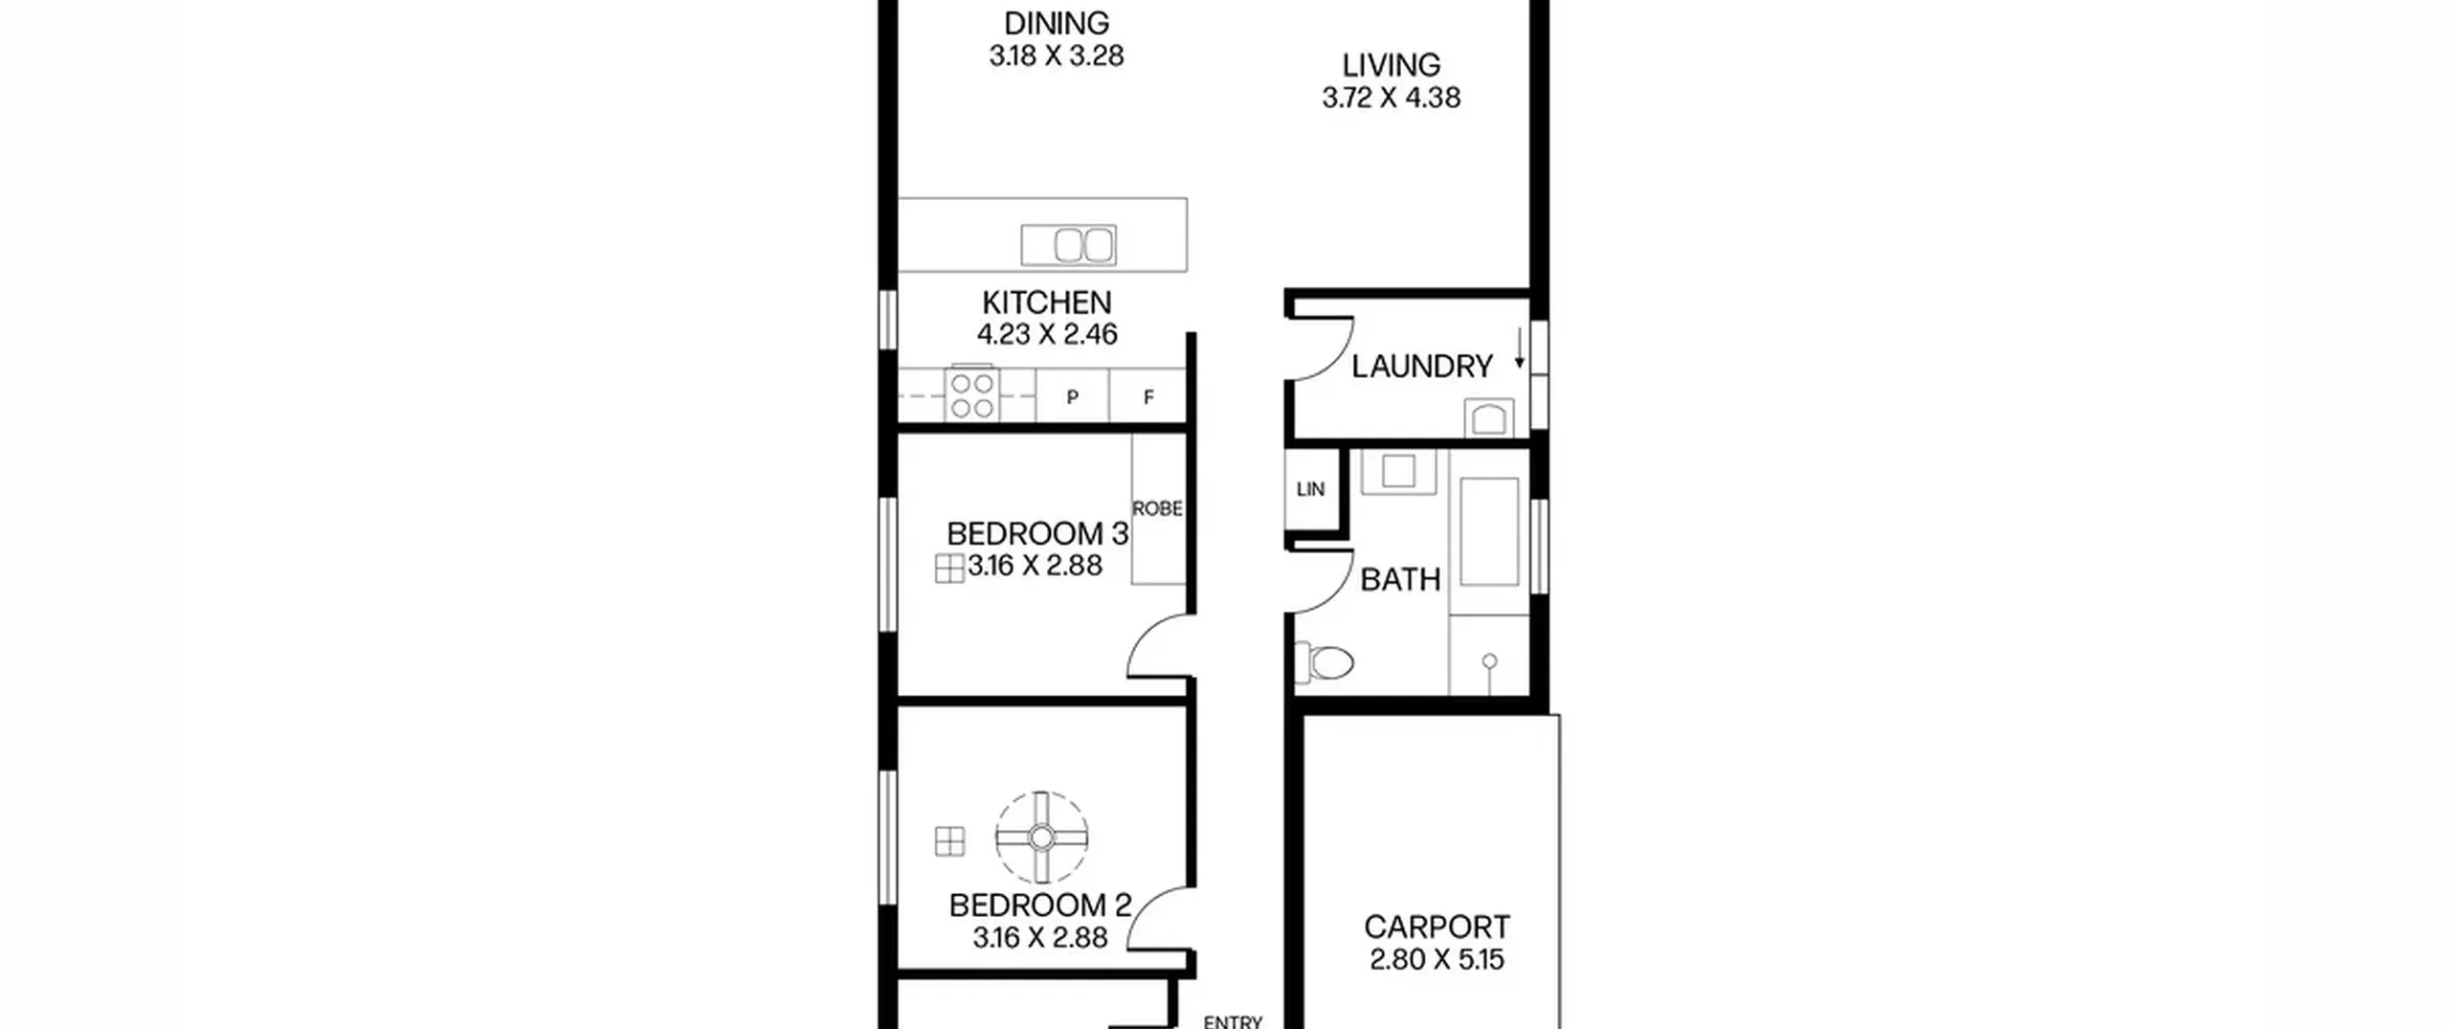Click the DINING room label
(x=1057, y=23)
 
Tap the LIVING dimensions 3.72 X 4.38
(x=1392, y=98)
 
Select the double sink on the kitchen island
(x=1068, y=245)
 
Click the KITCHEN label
(x=1047, y=302)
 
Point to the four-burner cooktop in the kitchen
(x=971, y=393)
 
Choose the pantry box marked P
(x=1073, y=395)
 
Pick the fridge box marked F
(x=1148, y=395)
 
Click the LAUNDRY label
(x=1422, y=366)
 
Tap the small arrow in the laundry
(x=1519, y=349)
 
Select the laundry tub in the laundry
(x=1489, y=418)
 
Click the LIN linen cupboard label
(x=1310, y=489)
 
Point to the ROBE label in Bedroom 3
(x=1157, y=508)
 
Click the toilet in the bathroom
(x=1325, y=661)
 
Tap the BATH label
(x=1400, y=579)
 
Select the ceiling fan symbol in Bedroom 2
(x=1041, y=838)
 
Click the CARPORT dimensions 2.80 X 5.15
(x=1437, y=959)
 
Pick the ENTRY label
(x=1233, y=1021)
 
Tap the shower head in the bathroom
(x=1489, y=660)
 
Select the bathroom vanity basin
(x=1398, y=471)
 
